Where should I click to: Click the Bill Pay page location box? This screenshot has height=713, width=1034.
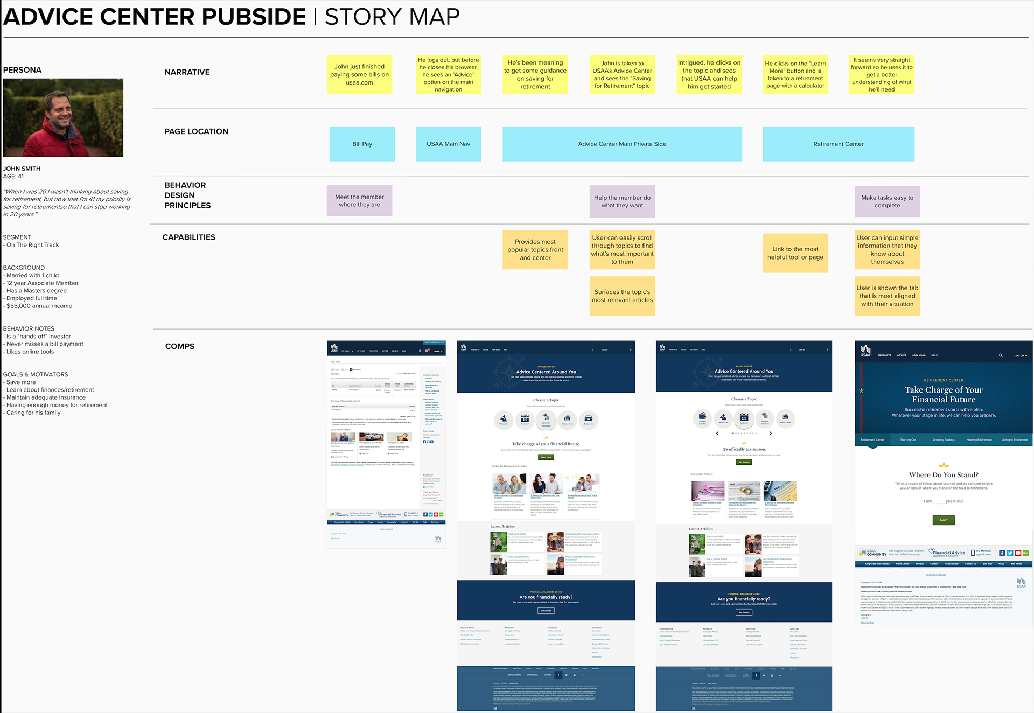pyautogui.click(x=362, y=144)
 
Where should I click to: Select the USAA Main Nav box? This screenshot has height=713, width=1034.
pyautogui.click(x=448, y=144)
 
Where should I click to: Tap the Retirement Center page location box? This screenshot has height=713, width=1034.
pyautogui.click(x=838, y=144)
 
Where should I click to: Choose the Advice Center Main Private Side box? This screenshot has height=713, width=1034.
pyautogui.click(x=622, y=144)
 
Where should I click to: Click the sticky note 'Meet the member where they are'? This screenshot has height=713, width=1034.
pyautogui.click(x=359, y=201)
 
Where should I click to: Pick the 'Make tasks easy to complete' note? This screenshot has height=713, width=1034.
pyautogui.click(x=887, y=201)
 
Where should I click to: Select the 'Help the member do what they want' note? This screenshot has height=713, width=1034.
pyautogui.click(x=622, y=201)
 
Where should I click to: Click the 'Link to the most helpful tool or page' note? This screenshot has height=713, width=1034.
pyautogui.click(x=795, y=253)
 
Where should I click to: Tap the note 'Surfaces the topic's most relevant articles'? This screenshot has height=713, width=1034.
pyautogui.click(x=622, y=296)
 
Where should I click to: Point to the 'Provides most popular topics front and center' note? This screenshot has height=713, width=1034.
pyautogui.click(x=535, y=250)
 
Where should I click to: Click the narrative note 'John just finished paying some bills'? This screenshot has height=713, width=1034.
pyautogui.click(x=359, y=74)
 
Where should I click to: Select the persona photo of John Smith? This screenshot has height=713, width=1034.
pyautogui.click(x=63, y=117)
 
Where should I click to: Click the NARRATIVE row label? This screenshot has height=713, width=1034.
pyautogui.click(x=187, y=72)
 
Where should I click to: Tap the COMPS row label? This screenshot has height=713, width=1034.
pyautogui.click(x=180, y=346)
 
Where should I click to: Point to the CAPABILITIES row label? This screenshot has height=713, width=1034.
pyautogui.click(x=188, y=237)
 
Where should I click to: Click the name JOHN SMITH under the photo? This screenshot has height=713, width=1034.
pyautogui.click(x=22, y=169)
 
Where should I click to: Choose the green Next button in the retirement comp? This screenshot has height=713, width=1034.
pyautogui.click(x=944, y=520)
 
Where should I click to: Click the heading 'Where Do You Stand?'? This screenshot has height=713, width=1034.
pyautogui.click(x=944, y=474)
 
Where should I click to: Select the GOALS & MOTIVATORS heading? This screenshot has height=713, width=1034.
pyautogui.click(x=36, y=374)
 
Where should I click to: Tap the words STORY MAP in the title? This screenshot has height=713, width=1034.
pyautogui.click(x=392, y=17)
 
